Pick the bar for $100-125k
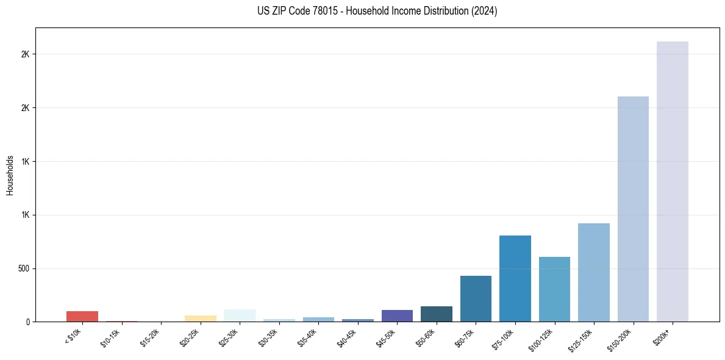click(x=554, y=289)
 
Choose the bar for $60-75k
click(x=476, y=299)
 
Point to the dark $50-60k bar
click(x=436, y=314)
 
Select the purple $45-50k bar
click(x=397, y=316)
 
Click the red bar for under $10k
click(x=82, y=316)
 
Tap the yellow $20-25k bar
click(x=200, y=319)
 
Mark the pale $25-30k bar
click(x=240, y=315)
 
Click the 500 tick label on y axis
click(x=23, y=268)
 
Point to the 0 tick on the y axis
click(x=28, y=322)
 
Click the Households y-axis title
click(x=10, y=175)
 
